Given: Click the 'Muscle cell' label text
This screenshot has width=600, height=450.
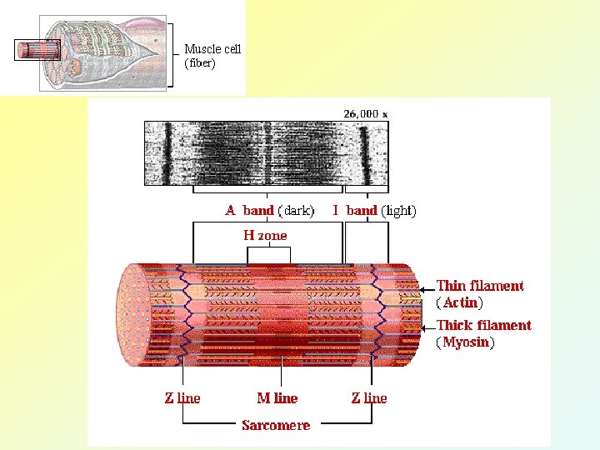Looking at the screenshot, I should [x=212, y=49].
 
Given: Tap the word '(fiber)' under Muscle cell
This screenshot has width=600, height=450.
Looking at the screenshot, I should [x=200, y=63].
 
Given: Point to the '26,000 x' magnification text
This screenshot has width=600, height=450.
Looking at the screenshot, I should [x=366, y=113].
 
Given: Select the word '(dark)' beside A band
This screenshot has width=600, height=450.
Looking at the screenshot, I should [x=296, y=211].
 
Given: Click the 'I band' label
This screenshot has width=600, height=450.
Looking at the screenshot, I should [x=355, y=211].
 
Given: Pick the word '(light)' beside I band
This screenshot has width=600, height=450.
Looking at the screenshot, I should [x=398, y=211].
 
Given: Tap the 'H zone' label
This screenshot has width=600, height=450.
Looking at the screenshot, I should [x=265, y=236].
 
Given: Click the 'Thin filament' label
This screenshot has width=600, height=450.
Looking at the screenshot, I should [x=481, y=286].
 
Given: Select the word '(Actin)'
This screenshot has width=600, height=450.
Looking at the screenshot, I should [x=459, y=302].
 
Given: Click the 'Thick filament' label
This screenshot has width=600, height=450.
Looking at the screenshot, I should [x=484, y=325].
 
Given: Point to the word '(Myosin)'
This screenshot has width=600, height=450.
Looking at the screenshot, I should [x=465, y=342].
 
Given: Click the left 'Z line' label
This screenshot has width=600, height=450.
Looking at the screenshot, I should [x=182, y=398].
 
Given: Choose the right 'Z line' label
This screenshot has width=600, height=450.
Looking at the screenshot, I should [x=369, y=398].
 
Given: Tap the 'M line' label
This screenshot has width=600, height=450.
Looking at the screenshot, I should [x=277, y=398].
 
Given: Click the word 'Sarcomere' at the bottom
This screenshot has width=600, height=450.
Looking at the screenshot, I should [x=276, y=425].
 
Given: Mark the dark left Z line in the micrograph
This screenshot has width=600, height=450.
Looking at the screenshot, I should [x=167, y=153].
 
